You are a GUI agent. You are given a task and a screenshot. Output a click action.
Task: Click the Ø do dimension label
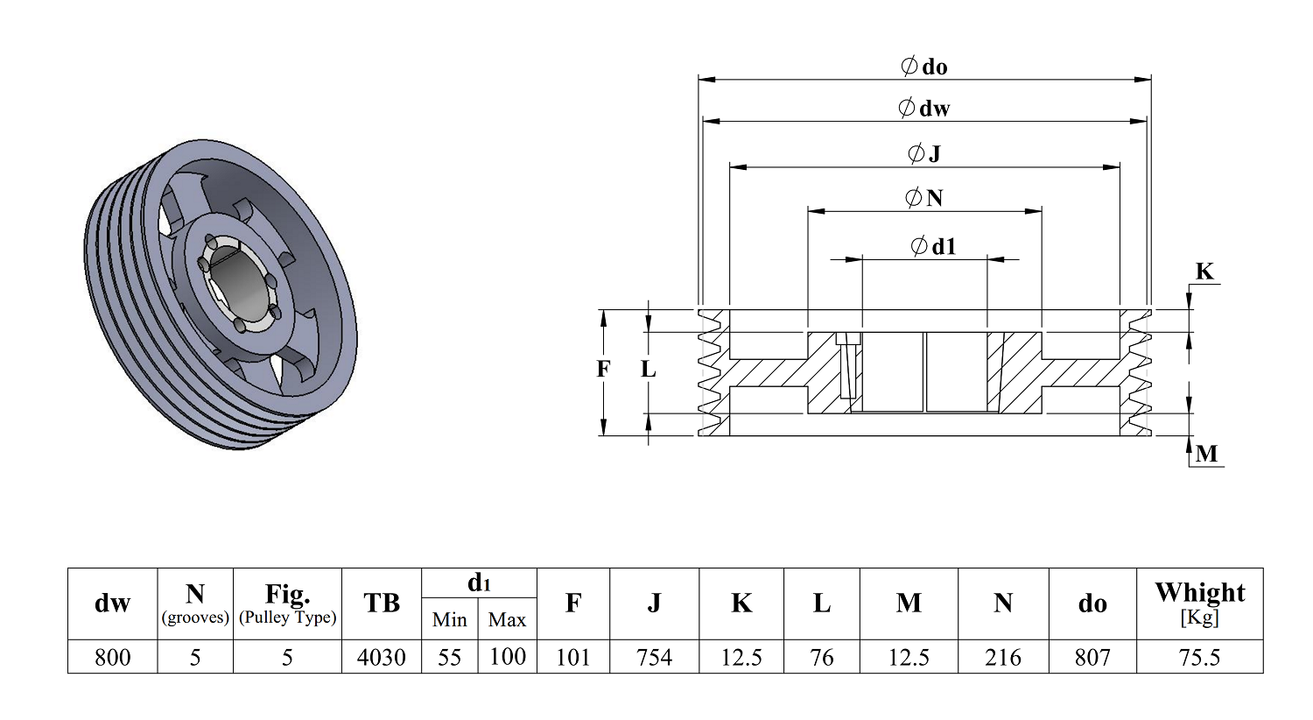pyautogui.click(x=923, y=67)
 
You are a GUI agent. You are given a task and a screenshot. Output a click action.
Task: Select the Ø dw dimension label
pyautogui.click(x=923, y=108)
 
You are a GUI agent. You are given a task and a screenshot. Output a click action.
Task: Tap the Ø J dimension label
pyautogui.click(x=923, y=153)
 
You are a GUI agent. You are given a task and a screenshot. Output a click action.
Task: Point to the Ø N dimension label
pyautogui.click(x=923, y=198)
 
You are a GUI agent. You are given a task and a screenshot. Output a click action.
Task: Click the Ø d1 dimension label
pyautogui.click(x=933, y=246)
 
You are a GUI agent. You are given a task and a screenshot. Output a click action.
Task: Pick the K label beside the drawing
pyautogui.click(x=1204, y=272)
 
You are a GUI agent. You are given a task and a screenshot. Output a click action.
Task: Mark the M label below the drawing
pyautogui.click(x=1206, y=454)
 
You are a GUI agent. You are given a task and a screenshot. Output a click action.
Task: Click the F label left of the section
pyautogui.click(x=603, y=369)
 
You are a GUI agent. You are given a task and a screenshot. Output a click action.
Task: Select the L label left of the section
pyautogui.click(x=649, y=369)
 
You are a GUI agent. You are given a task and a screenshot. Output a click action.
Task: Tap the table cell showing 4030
pyautogui.click(x=382, y=657)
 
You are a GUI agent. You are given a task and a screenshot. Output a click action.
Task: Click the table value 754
pyautogui.click(x=654, y=657)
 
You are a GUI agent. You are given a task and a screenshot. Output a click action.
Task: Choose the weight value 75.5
pyautogui.click(x=1199, y=657)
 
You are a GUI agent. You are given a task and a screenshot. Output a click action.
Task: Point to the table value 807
pyautogui.click(x=1092, y=657)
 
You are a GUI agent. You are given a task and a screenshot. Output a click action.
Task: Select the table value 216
pyautogui.click(x=1003, y=657)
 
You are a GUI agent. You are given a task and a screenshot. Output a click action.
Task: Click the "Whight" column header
pyautogui.click(x=1200, y=593)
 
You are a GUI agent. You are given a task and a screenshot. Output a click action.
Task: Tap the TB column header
pyautogui.click(x=382, y=603)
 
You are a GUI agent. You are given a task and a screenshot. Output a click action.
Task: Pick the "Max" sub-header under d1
pyautogui.click(x=507, y=620)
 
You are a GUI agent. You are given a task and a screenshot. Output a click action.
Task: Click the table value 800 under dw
pyautogui.click(x=113, y=657)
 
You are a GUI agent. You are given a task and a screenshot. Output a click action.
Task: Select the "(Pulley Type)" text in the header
pyautogui.click(x=287, y=618)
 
